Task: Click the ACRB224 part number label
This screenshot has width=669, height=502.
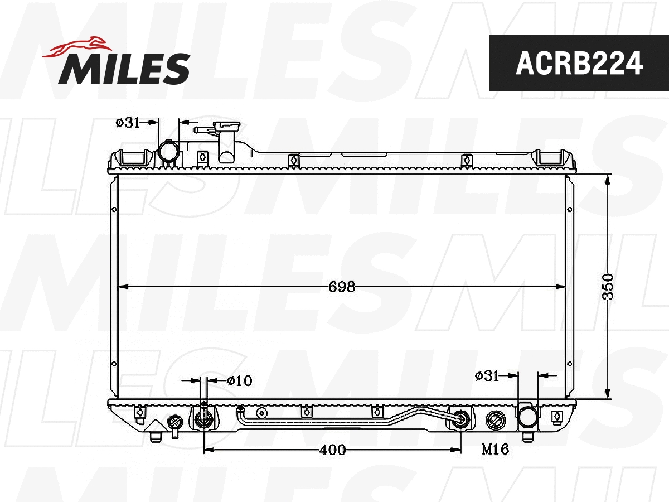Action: pos(579,63)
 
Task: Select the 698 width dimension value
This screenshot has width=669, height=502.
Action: pos(342,287)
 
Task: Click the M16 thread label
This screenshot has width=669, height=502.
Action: pos(495,450)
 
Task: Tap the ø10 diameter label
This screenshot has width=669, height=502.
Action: pos(239,380)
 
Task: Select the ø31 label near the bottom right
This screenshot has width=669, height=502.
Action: pos(487,376)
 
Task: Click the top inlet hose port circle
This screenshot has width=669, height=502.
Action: pos(168,152)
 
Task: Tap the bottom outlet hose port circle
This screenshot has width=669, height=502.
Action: pos(527,417)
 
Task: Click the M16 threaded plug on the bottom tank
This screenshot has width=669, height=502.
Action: pos(495,419)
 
